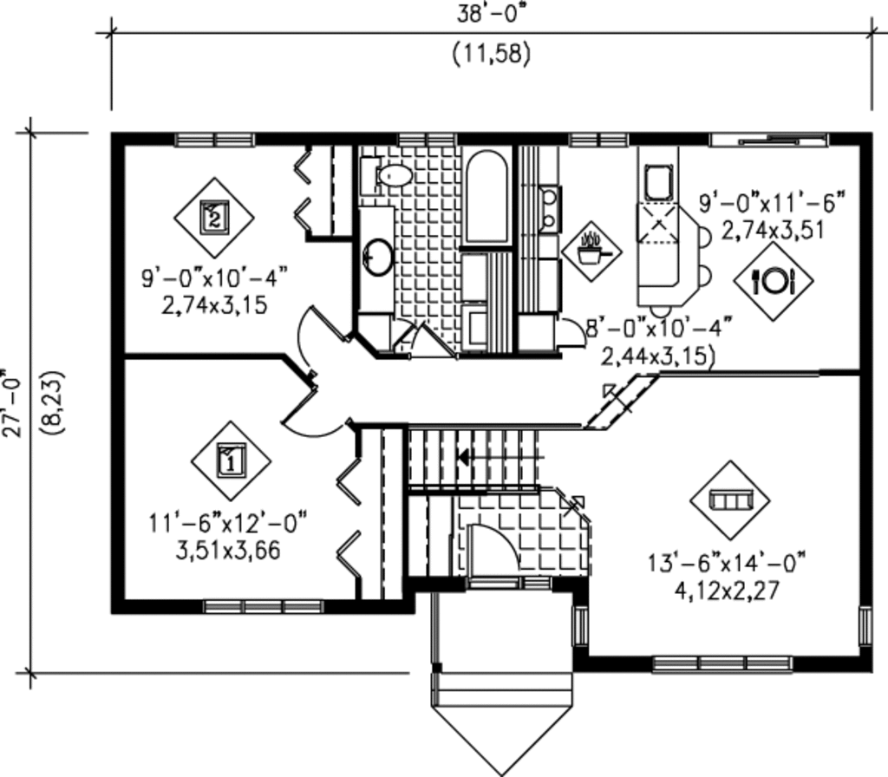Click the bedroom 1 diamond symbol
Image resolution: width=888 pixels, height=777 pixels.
pyautogui.click(x=231, y=460)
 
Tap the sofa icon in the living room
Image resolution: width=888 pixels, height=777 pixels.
pyautogui.click(x=729, y=499)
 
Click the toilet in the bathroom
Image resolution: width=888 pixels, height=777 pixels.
pyautogui.click(x=392, y=175)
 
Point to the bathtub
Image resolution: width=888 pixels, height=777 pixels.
pyautogui.click(x=486, y=198)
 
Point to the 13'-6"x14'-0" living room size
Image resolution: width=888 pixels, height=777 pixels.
pyautogui.click(x=727, y=561)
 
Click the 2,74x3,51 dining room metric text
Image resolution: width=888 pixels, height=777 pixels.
pyautogui.click(x=772, y=230)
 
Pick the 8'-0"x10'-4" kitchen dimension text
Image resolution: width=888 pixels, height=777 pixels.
pyautogui.click(x=658, y=329)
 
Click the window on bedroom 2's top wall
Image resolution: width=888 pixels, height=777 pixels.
pyautogui.click(x=214, y=139)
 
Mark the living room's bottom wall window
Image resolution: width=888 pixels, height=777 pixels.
pyautogui.click(x=721, y=664)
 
